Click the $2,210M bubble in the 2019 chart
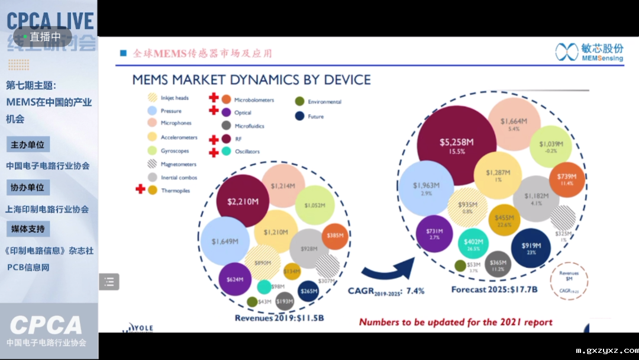click(243, 202)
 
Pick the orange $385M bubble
click(335, 235)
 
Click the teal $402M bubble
click(473, 244)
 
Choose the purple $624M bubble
click(235, 278)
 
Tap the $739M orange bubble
click(566, 178)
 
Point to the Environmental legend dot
click(300, 101)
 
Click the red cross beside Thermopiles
click(140, 189)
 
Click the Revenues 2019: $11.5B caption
click(279, 318)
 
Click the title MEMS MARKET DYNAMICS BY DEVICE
click(251, 80)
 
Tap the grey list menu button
click(109, 282)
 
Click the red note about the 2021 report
click(456, 322)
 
